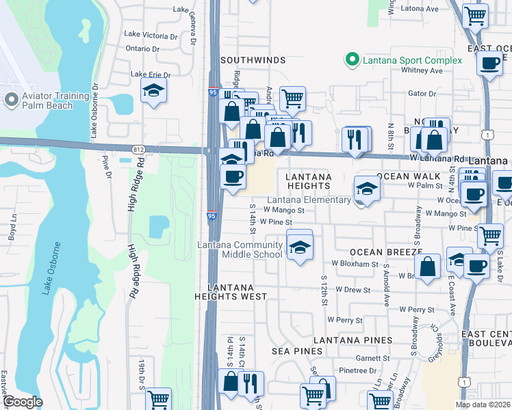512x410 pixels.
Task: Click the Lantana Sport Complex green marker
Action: [353, 60]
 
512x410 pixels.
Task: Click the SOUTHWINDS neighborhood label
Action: [253, 60]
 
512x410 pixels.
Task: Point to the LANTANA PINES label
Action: [353, 340]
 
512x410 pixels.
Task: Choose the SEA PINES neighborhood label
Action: [296, 351]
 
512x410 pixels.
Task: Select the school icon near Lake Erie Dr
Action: [153, 90]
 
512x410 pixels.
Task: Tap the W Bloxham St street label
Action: [355, 263]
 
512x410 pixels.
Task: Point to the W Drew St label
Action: [353, 290]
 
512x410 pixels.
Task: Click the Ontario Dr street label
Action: [142, 49]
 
